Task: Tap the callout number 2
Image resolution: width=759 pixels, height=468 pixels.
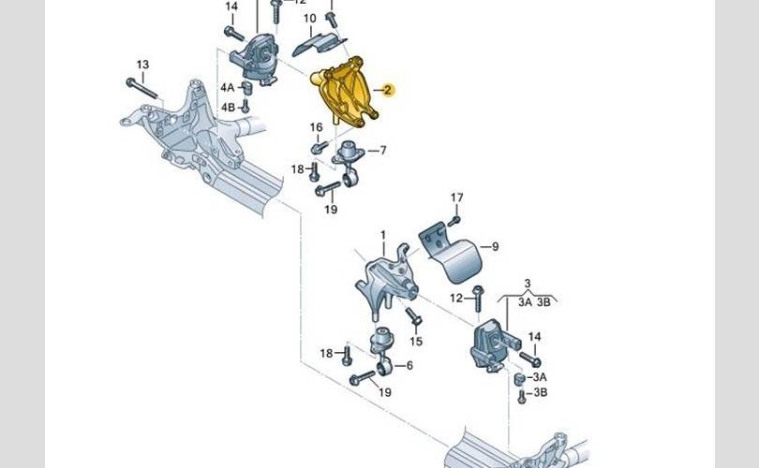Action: pyautogui.click(x=387, y=91)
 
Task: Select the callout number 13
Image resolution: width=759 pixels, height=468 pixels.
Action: pyautogui.click(x=141, y=65)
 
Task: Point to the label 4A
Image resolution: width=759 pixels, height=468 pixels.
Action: pyautogui.click(x=228, y=87)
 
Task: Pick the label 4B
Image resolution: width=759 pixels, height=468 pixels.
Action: pyautogui.click(x=228, y=109)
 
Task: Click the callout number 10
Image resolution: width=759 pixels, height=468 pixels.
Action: pyautogui.click(x=308, y=18)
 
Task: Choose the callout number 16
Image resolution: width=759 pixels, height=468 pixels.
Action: pyautogui.click(x=317, y=127)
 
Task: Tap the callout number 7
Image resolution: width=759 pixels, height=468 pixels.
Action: pyautogui.click(x=382, y=150)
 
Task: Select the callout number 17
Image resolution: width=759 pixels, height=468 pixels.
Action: pyautogui.click(x=456, y=197)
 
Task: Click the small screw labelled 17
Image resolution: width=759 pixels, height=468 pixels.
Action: pyautogui.click(x=454, y=219)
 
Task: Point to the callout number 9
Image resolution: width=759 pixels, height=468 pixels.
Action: pyautogui.click(x=495, y=247)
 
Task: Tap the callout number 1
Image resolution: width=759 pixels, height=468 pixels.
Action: pyautogui.click(x=382, y=235)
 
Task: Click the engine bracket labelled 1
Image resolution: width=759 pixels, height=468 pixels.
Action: pyautogui.click(x=384, y=276)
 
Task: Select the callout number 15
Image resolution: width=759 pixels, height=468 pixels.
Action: pyautogui.click(x=417, y=342)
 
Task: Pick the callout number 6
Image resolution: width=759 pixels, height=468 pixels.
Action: pyautogui.click(x=409, y=366)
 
